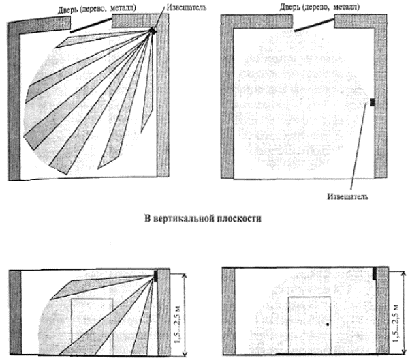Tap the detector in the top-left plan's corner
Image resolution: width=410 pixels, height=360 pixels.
tap(153, 30)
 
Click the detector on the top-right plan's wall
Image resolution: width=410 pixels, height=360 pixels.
tap(372, 102)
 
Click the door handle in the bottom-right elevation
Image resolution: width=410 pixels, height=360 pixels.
tap(328, 325)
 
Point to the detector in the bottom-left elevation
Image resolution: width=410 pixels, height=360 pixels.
tap(156, 275)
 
